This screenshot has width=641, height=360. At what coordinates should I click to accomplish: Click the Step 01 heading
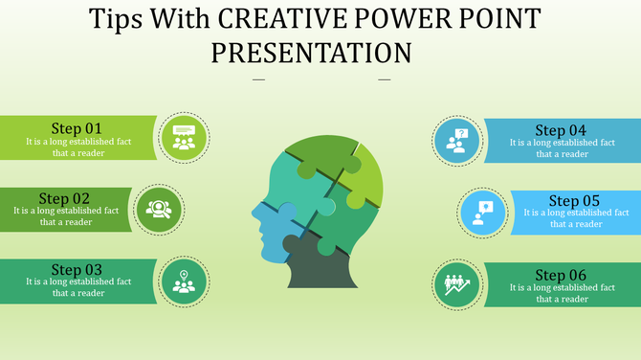coord(76,128)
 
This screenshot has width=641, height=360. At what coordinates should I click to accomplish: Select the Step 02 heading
coord(64,198)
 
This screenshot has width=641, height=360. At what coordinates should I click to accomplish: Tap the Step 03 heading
coord(77,270)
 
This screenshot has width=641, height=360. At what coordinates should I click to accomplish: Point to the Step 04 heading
coord(561,130)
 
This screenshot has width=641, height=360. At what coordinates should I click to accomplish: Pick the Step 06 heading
coord(561,276)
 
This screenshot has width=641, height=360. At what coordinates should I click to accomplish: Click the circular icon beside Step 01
coord(184,137)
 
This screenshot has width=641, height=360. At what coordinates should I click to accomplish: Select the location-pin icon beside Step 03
coord(184,282)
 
